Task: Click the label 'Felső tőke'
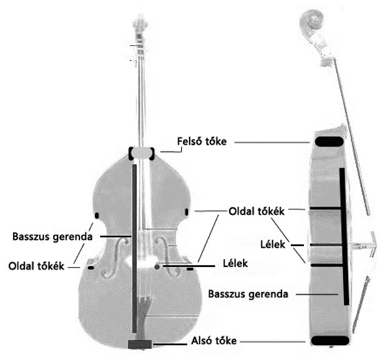coord(202,142)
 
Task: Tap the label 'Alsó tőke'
coord(214,340)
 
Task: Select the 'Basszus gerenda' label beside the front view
coord(52,237)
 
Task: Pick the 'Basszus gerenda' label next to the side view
coord(248,294)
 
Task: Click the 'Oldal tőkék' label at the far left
coord(37,266)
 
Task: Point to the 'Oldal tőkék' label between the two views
coord(257,211)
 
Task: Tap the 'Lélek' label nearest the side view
coord(273,245)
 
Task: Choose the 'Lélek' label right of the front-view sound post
coord(236,263)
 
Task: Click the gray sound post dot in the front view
coord(157,267)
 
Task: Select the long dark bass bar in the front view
coord(134,248)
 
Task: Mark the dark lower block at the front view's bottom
coord(140,344)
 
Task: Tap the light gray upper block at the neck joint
coord(142,153)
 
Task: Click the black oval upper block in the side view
coord(329,142)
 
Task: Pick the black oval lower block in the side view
coord(330,340)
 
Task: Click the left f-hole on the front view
coord(117,258)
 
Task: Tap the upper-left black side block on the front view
coord(97,215)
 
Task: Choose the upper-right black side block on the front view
coord(187,212)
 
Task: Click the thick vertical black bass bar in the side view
coord(344,237)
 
